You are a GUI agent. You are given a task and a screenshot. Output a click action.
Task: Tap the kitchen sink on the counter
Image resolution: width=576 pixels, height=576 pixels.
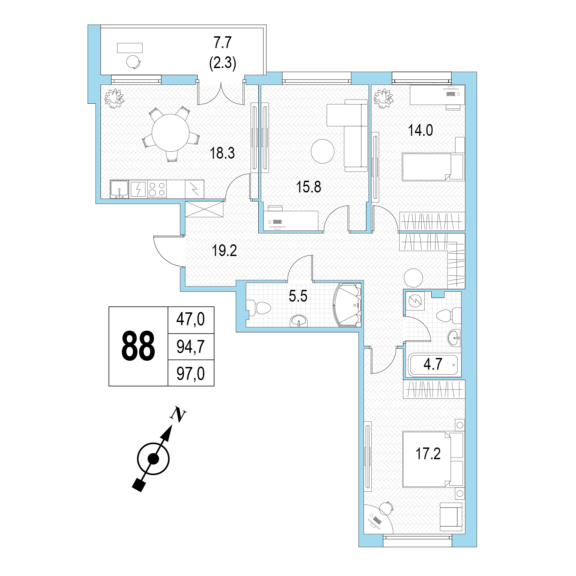click(119, 189)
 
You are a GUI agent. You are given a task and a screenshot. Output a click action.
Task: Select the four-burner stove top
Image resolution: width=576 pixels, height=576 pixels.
click(157, 189)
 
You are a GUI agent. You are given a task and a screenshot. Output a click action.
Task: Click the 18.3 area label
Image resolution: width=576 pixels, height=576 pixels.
click(222, 153)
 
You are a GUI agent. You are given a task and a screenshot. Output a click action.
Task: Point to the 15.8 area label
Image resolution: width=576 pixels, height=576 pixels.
click(308, 187)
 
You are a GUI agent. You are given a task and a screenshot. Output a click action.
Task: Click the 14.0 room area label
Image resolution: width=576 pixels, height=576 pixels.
click(420, 131)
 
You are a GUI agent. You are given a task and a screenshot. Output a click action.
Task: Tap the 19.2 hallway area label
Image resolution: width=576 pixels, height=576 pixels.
click(224, 251)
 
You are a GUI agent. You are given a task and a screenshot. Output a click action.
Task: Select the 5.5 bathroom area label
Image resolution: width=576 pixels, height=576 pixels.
click(298, 296)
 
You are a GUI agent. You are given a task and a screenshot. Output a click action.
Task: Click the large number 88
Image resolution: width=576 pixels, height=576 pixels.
click(138, 346)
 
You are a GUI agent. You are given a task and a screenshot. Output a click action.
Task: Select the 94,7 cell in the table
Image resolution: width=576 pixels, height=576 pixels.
click(191, 347)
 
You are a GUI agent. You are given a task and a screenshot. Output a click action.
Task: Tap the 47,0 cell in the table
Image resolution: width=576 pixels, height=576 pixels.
click(191, 319)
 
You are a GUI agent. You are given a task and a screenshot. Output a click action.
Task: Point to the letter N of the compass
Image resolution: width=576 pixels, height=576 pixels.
click(178, 414)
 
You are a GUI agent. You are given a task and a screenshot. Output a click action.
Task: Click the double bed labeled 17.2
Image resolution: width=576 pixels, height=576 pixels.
click(433, 459)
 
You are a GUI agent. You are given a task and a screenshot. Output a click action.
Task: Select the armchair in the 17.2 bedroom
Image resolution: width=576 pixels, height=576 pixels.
click(451, 517)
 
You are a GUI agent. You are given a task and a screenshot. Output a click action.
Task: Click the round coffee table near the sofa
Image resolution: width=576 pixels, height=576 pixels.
click(323, 151)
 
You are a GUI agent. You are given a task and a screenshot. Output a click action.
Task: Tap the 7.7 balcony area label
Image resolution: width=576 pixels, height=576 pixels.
click(223, 43)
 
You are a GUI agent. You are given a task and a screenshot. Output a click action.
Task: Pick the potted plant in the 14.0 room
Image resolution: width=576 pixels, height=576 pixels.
click(383, 98)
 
